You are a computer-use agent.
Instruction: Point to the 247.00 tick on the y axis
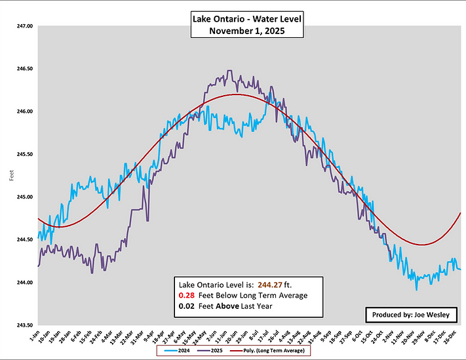click(x=24, y=26)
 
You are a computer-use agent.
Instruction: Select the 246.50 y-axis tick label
click(x=24, y=69)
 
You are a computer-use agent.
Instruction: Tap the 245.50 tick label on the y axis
click(x=24, y=154)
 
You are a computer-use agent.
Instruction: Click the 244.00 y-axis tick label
click(x=24, y=283)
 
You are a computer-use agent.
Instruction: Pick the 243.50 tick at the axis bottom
click(x=24, y=325)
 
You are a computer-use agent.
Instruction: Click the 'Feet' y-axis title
click(x=10, y=176)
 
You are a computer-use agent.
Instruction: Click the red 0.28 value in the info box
click(x=187, y=296)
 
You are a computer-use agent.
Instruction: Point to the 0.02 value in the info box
click(x=187, y=306)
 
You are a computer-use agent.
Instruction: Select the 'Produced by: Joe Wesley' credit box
click(x=411, y=315)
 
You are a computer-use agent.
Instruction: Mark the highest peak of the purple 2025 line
click(x=229, y=71)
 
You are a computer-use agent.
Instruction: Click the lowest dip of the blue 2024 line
click(x=416, y=289)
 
